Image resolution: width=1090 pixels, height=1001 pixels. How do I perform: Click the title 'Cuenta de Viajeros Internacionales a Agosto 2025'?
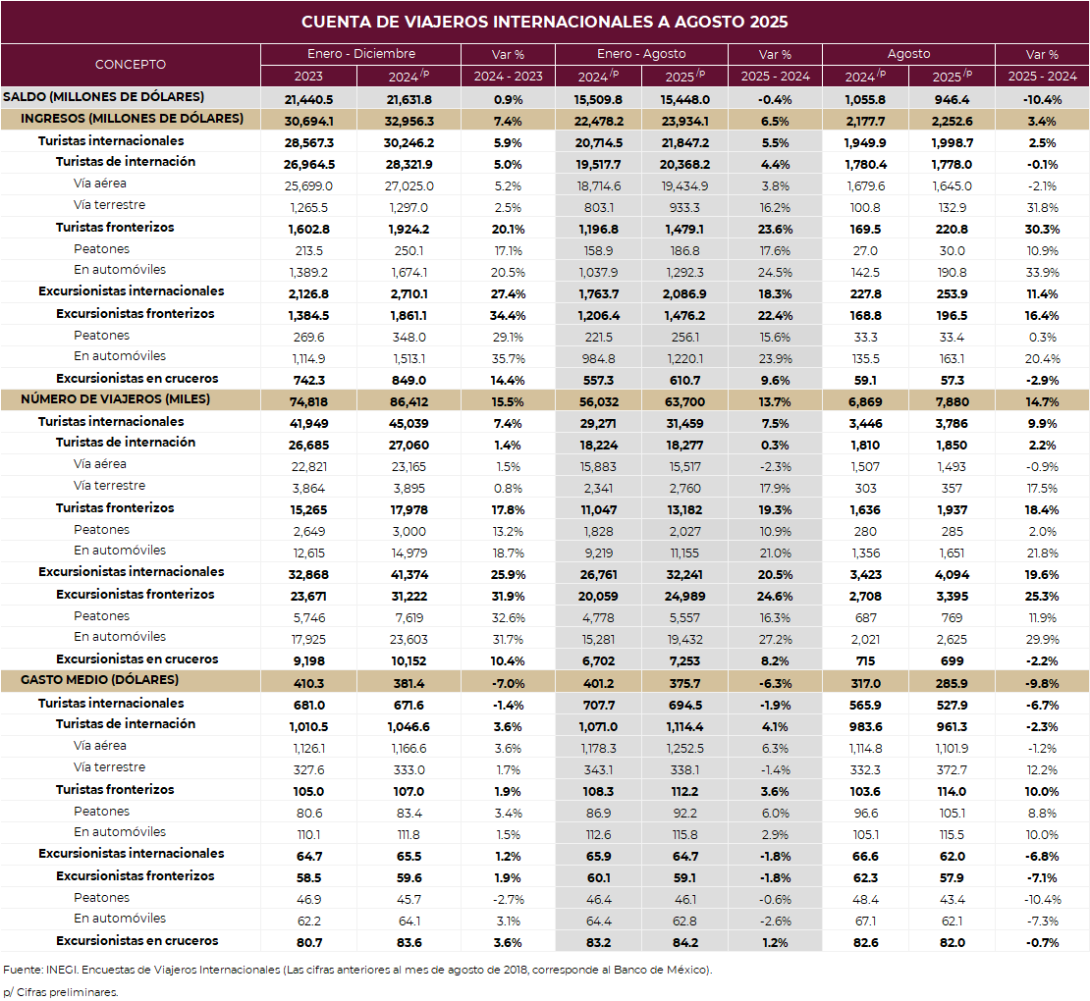[544, 22]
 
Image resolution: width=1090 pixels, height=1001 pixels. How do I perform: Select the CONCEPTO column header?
[131, 65]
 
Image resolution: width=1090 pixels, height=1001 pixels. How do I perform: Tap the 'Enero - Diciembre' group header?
[360, 54]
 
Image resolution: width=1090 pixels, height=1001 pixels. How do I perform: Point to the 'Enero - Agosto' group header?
[641, 54]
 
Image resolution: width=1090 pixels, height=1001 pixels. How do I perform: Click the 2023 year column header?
[308, 76]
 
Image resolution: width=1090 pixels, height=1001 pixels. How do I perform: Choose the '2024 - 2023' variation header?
[508, 76]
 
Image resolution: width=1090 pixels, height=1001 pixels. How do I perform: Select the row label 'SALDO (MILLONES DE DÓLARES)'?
[104, 96]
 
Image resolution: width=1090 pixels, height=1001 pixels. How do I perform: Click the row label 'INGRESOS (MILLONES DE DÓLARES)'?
[133, 119]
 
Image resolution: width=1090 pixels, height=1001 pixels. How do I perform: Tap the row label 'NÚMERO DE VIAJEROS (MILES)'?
[115, 399]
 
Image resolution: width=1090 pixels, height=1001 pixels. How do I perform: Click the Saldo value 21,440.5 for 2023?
[308, 99]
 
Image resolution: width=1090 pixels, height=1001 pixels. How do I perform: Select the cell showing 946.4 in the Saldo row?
[952, 99]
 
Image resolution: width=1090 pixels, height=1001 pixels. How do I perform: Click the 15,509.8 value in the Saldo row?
[598, 99]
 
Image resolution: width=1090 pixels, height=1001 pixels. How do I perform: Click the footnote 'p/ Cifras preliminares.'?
[60, 991]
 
